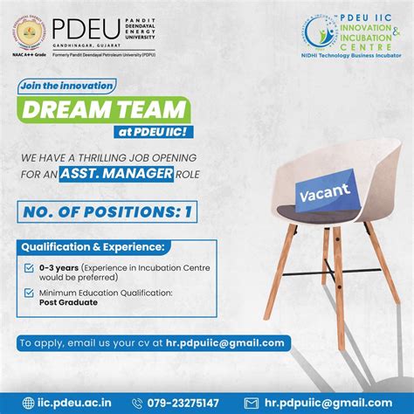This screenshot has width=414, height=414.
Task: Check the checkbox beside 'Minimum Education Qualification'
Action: [x=31, y=294]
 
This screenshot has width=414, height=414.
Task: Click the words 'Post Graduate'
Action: [x=68, y=302]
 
